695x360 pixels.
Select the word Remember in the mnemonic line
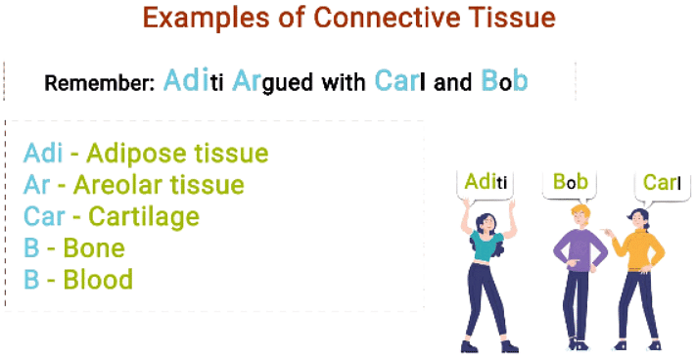pyautogui.click(x=99, y=83)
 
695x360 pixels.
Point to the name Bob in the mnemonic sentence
pyautogui.click(x=504, y=81)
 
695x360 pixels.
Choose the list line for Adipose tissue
pyautogui.click(x=145, y=154)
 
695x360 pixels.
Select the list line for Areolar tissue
pyautogui.click(x=133, y=185)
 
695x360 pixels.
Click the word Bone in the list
pyautogui.click(x=93, y=248)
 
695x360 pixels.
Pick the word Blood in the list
pyautogui.click(x=98, y=280)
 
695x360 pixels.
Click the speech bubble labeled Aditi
pyautogui.click(x=486, y=183)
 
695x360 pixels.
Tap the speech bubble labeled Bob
pyautogui.click(x=570, y=183)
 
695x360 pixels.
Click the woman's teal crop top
pyautogui.click(x=487, y=247)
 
